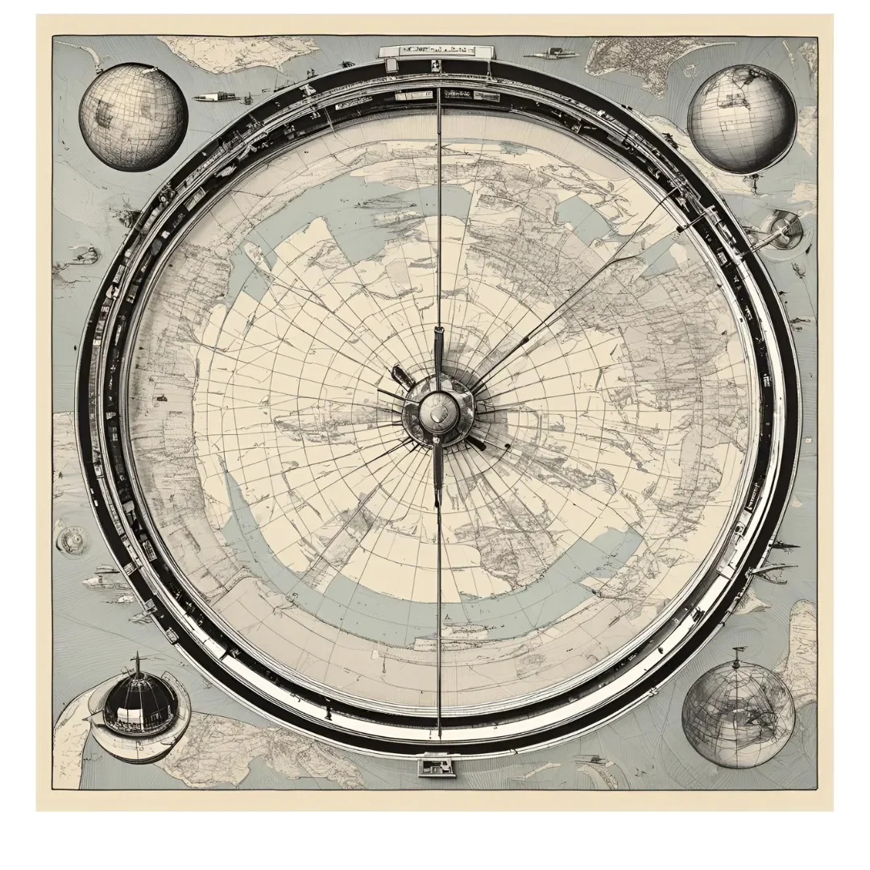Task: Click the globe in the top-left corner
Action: click(133, 117)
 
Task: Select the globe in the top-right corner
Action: click(741, 118)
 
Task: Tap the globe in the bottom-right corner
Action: click(738, 714)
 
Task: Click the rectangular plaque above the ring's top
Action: click(427, 52)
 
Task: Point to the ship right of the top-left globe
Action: click(216, 97)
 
